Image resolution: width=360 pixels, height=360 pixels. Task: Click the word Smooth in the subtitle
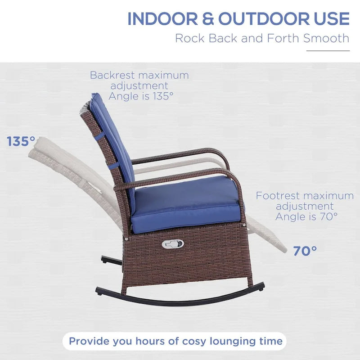tap(326, 38)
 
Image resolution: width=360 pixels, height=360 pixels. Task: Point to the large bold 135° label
tap(21, 141)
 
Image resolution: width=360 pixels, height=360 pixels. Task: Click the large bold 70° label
tap(305, 251)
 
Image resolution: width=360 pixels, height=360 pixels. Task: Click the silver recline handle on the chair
tap(173, 243)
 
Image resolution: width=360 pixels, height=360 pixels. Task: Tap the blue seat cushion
tap(187, 202)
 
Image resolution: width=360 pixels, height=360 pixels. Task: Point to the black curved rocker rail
tap(180, 301)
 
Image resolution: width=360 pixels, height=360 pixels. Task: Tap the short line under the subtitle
tap(328, 51)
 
